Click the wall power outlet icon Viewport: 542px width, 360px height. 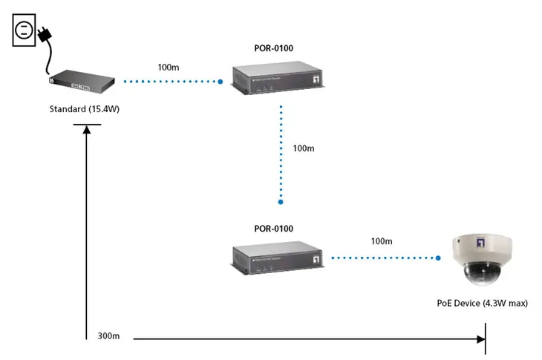23,30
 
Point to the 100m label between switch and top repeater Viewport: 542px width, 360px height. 168,67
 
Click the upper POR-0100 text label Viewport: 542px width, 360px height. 273,48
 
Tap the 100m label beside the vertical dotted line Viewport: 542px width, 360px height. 304,148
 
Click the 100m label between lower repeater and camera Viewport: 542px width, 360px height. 381,241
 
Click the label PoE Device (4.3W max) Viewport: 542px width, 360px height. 482,303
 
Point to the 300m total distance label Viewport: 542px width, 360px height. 108,336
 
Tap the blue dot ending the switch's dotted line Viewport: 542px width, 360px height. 221,82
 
